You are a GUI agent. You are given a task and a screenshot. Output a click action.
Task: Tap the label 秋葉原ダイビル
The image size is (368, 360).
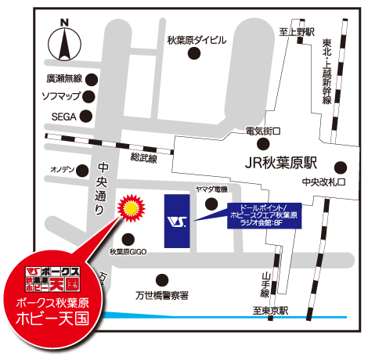(x=197, y=40)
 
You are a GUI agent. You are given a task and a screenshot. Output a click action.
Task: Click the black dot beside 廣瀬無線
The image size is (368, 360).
(x=92, y=78)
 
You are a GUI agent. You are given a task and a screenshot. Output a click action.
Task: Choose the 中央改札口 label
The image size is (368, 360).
(x=323, y=182)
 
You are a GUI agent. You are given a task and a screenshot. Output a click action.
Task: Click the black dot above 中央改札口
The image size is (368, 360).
(x=340, y=166)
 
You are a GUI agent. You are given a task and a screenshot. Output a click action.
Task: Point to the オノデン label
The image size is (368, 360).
(x=63, y=170)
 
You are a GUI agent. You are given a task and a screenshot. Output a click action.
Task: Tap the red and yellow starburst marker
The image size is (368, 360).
(x=129, y=209)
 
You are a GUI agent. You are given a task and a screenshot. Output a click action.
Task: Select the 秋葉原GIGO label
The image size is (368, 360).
(x=128, y=252)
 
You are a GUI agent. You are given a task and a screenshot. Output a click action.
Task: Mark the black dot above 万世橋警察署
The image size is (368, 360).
(x=163, y=278)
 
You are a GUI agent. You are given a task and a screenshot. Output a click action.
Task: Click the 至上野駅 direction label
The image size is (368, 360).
(x=297, y=31)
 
